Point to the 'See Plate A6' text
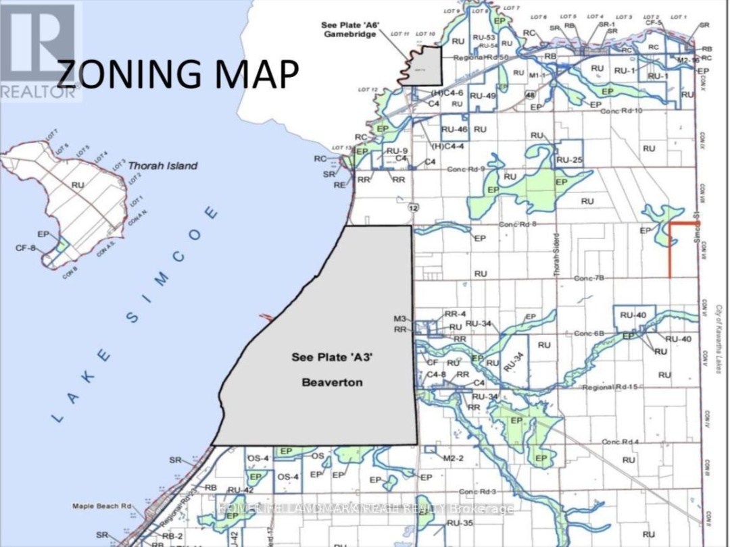click(351, 25)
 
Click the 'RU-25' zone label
click(568, 161)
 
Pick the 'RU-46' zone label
click(454, 129)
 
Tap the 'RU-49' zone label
click(483, 95)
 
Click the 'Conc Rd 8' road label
click(517, 224)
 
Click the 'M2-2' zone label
click(452, 459)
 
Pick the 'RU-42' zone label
click(241, 491)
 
